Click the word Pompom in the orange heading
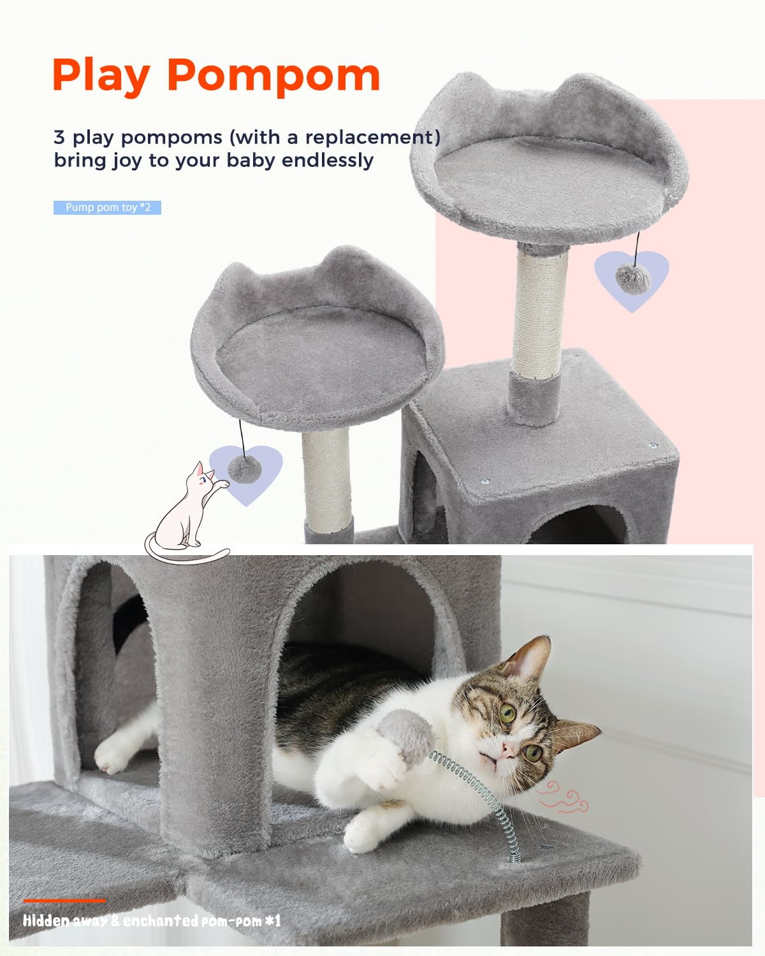pos(273,75)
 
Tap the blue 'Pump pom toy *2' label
pos(107,208)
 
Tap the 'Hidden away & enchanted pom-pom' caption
pos(152,921)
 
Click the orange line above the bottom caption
pos(65,901)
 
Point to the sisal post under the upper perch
pos(541,312)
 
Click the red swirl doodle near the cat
pos(560,797)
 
